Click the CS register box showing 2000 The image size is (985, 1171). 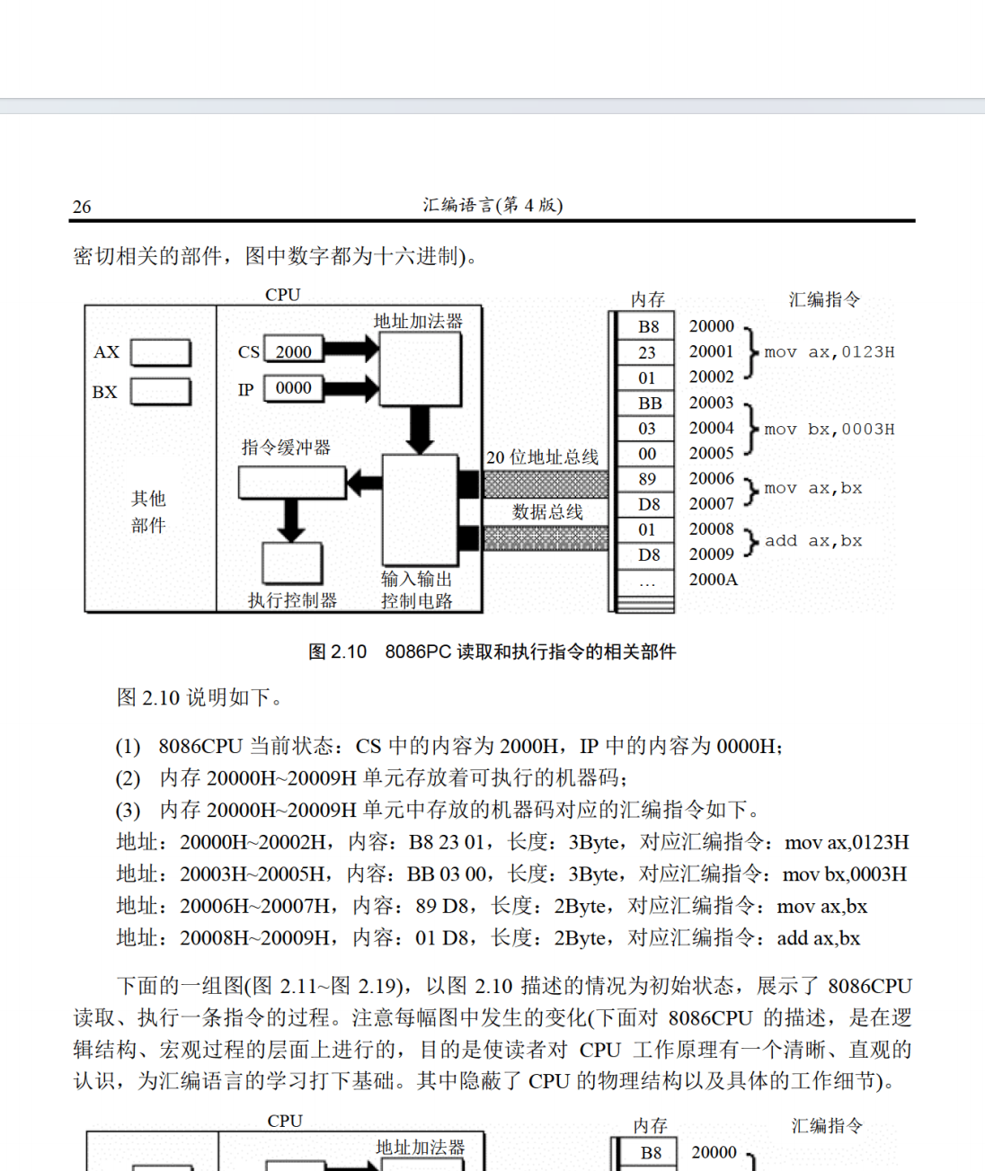point(293,351)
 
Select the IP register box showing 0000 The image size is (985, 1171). point(293,388)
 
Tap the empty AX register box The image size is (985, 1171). point(161,352)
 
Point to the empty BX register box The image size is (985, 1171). point(161,392)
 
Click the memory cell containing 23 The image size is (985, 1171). point(647,352)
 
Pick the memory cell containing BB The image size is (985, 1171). point(649,404)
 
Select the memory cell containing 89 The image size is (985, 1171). point(647,479)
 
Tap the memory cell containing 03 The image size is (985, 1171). point(647,429)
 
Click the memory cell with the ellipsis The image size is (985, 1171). point(647,581)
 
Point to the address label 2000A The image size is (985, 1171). point(713,580)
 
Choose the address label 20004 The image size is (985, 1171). point(711,428)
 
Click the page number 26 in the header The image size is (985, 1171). point(82,207)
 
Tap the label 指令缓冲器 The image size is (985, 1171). point(286,448)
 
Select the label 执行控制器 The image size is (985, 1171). point(292,600)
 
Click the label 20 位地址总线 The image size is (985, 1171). point(542,457)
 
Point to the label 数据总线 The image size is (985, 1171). point(547,512)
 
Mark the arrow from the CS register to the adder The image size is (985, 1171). point(351,350)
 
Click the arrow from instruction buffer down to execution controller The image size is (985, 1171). point(291,519)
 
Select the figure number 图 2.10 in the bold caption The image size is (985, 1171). point(337,652)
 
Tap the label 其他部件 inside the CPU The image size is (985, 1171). point(148,511)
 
